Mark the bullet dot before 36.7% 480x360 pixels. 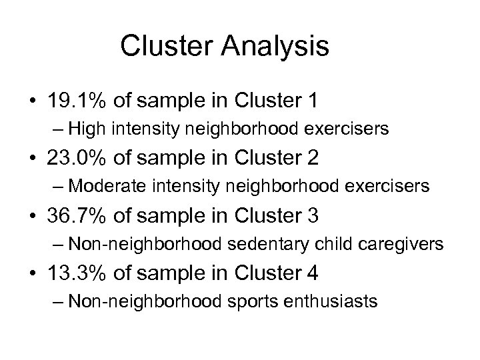31,216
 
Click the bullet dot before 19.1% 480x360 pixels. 31,101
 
